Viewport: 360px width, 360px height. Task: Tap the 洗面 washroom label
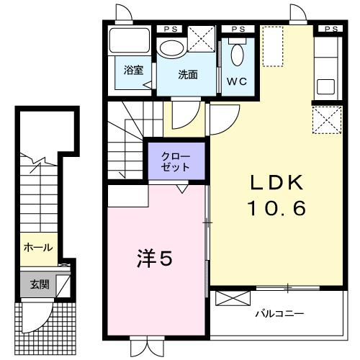pos(188,73)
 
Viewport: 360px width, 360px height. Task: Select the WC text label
pos(237,81)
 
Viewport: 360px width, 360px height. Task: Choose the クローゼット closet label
pos(176,161)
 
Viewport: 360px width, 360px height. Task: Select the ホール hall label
pos(37,248)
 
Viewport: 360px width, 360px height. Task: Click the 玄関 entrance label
pos(39,284)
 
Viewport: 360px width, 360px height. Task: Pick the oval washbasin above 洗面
pos(171,49)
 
